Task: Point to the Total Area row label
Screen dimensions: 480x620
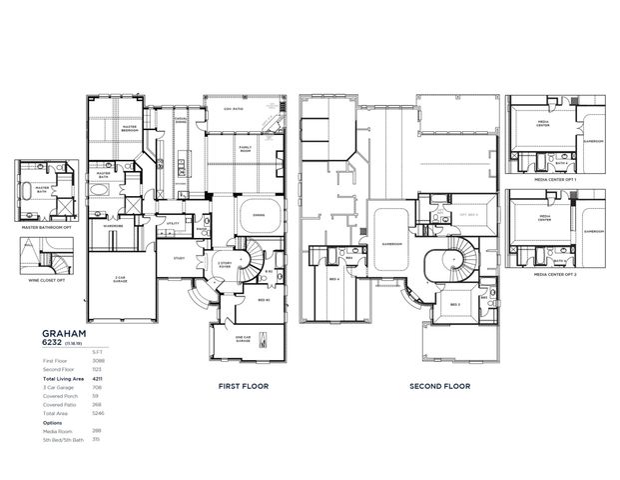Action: coord(56,412)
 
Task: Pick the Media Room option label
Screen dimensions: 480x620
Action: coord(57,431)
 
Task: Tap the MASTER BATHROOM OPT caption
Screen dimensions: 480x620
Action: coord(45,227)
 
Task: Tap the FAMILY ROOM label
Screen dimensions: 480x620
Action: coord(246,149)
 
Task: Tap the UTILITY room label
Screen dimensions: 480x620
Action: coord(173,223)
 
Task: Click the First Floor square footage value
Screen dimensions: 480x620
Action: coord(96,359)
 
